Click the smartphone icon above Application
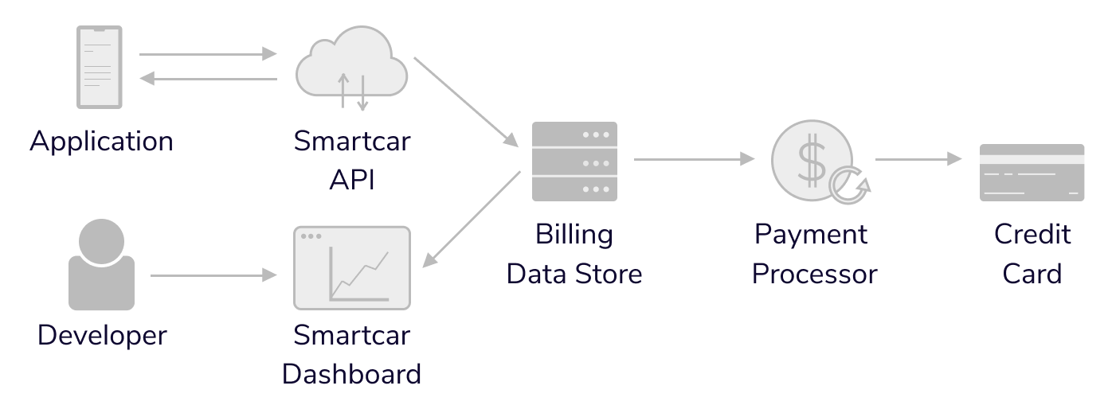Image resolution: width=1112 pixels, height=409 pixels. tap(100, 67)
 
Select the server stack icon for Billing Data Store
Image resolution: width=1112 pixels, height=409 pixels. tap(574, 162)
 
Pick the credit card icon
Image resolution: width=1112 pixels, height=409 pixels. tap(1032, 173)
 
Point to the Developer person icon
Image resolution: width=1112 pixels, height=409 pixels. tap(101, 264)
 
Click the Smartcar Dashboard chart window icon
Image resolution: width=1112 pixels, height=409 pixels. tap(351, 268)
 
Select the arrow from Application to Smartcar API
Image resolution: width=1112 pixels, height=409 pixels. tap(207, 54)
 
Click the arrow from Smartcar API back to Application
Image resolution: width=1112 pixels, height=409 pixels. tap(207, 78)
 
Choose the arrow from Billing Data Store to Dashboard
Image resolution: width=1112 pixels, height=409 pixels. tap(472, 219)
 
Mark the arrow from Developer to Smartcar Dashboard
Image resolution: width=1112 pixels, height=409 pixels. tap(212, 275)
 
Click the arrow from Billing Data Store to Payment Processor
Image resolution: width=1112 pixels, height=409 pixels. tap(693, 159)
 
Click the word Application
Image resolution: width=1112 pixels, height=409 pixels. tap(101, 142)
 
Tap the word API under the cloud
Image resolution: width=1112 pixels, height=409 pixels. tap(351, 180)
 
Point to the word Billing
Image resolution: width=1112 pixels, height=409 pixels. tap(574, 235)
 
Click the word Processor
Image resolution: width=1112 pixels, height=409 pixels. tap(814, 274)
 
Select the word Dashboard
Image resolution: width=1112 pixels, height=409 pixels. tap(351, 373)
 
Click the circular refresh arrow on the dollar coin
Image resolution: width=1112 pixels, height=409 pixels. tap(848, 185)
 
